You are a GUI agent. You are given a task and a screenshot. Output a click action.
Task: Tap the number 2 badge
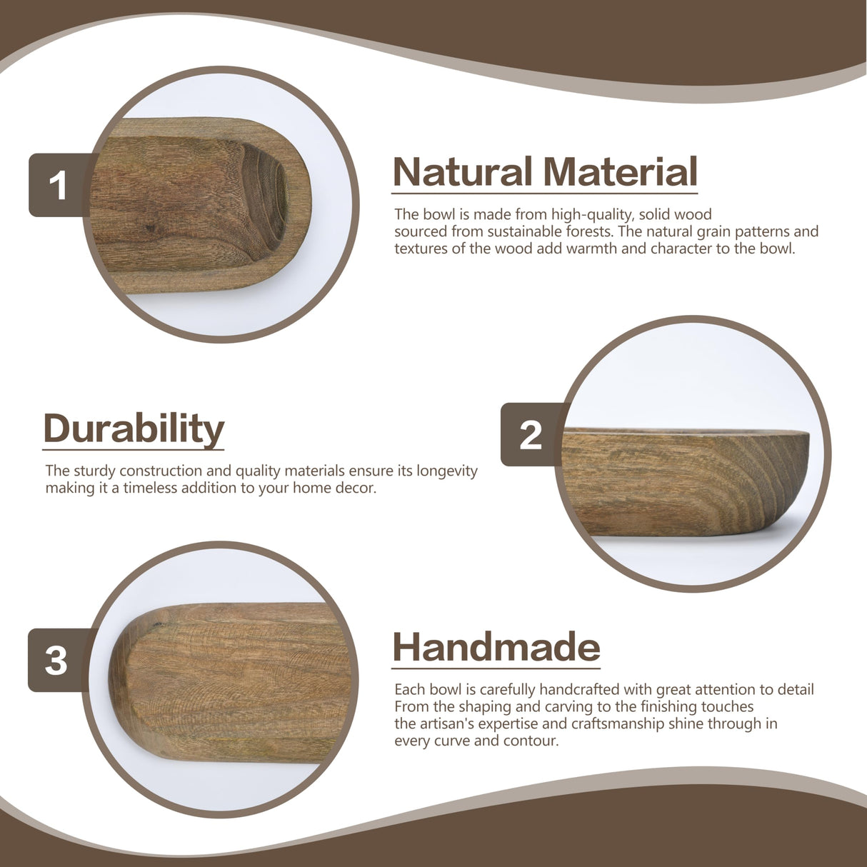[531, 434]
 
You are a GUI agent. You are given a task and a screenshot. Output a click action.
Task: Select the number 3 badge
[56, 660]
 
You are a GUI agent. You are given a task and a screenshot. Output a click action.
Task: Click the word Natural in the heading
[462, 172]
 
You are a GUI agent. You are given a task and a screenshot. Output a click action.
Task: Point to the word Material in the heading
[619, 172]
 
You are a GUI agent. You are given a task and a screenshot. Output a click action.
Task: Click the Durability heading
[134, 429]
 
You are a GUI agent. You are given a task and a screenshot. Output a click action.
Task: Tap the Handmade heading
[496, 647]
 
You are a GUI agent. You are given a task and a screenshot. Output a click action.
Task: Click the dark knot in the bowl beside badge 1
[149, 229]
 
